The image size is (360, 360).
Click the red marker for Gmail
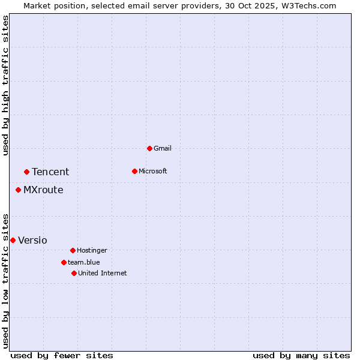click(149, 148)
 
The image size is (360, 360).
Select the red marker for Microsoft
click(134, 171)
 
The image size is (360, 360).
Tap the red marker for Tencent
click(26, 172)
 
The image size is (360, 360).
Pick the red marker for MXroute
click(18, 190)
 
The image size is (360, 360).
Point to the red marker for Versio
click(13, 240)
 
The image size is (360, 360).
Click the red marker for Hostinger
click(73, 250)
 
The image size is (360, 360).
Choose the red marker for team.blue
click(64, 262)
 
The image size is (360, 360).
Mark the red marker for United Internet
click(74, 273)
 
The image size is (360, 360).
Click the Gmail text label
click(163, 148)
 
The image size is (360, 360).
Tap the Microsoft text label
click(152, 171)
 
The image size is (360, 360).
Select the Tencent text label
click(50, 172)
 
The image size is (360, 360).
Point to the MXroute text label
click(43, 190)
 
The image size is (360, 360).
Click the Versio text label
click(32, 240)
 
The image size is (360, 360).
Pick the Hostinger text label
click(92, 250)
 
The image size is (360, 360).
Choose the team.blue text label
click(84, 262)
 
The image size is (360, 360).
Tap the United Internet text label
click(102, 273)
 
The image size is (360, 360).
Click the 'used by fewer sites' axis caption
click(62, 355)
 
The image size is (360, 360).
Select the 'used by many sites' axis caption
click(301, 355)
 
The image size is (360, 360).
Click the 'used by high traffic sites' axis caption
click(5, 85)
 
